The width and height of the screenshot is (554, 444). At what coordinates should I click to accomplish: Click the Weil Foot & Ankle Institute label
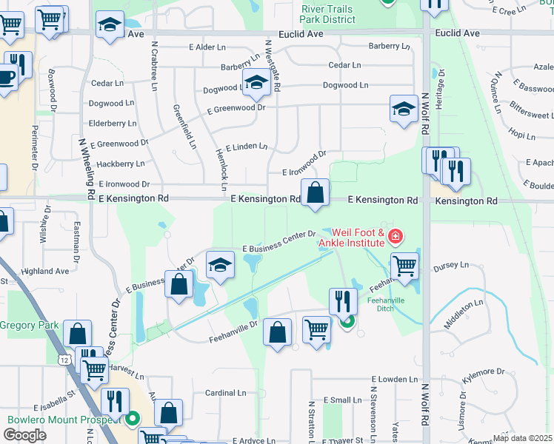[352, 237]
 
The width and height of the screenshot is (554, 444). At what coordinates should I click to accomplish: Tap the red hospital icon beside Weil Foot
[396, 237]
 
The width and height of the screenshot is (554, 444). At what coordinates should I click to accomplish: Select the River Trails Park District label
[328, 14]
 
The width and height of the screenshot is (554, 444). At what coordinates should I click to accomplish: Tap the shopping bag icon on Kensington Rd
[315, 193]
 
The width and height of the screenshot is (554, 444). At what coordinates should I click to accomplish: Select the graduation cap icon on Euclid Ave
[110, 27]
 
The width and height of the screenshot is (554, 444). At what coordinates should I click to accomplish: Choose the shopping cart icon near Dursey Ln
[404, 266]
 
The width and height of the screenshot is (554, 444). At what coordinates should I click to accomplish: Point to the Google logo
[24, 434]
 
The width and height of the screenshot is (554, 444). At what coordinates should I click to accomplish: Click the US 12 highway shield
[65, 359]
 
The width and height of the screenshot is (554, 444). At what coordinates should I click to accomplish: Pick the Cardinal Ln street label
[220, 393]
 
